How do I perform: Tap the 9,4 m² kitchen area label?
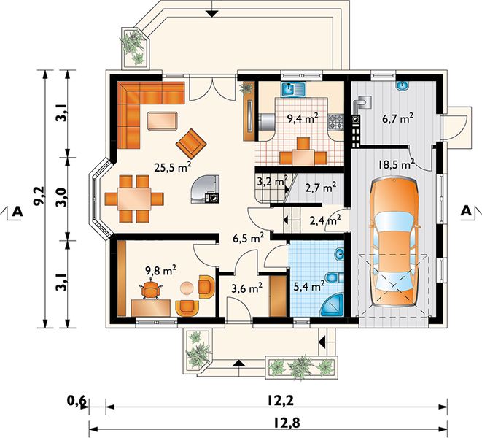302,118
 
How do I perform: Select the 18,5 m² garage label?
396,164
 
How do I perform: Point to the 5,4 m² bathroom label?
309,286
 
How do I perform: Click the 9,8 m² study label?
160,271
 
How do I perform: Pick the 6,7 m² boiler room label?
397,118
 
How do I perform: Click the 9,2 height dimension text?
40,195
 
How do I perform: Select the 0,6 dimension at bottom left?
76,401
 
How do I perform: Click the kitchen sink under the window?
292,89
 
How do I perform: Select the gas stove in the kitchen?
335,121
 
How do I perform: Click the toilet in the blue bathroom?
334,277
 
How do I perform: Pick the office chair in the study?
151,289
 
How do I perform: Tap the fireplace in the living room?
205,189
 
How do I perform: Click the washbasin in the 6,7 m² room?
402,85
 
